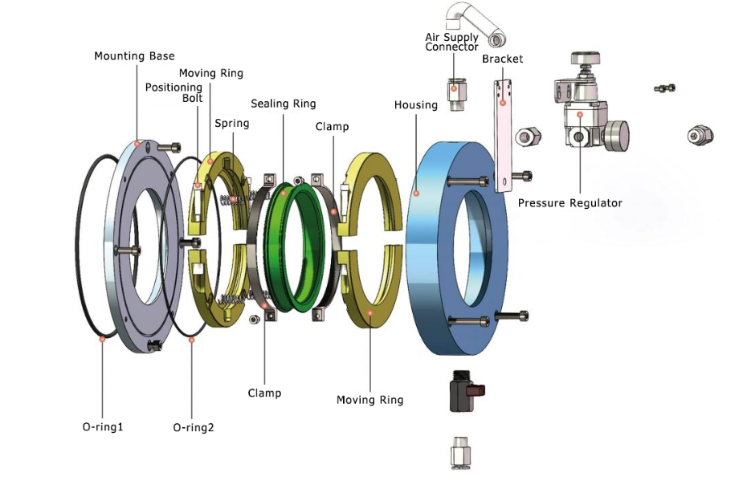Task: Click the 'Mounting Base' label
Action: point(134,56)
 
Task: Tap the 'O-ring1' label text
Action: point(103,426)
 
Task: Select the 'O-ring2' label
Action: point(194,427)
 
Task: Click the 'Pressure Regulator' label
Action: point(569,203)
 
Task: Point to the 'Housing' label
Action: point(415,105)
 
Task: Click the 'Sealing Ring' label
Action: point(283,104)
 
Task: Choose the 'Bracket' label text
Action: point(502,59)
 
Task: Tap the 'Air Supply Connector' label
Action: point(451,42)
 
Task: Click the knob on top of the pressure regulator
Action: point(584,59)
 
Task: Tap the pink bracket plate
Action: point(504,137)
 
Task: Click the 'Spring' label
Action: point(231,123)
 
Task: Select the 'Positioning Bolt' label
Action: point(174,92)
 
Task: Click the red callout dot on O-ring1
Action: point(102,340)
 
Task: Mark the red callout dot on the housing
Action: point(416,194)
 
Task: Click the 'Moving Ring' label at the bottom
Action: point(369,400)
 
